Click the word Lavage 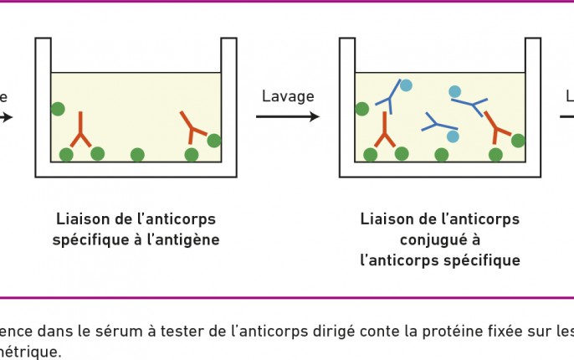[x=288, y=96]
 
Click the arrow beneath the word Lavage [x=288, y=116]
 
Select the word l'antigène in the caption [x=185, y=239]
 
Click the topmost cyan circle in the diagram [x=406, y=85]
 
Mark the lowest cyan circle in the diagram [x=453, y=136]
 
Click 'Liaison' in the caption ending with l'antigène [x=85, y=219]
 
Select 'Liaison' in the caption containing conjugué [x=389, y=219]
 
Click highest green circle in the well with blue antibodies [x=362, y=109]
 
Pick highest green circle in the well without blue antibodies [x=58, y=109]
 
